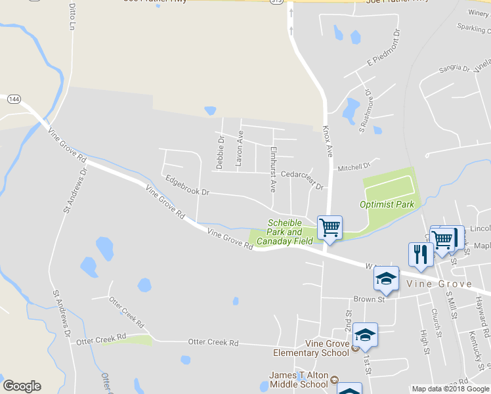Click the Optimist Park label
(387, 204)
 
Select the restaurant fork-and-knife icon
(420, 254)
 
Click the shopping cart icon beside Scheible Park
(330, 228)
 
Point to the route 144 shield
(14, 98)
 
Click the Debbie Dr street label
(221, 152)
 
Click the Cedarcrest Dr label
(302, 180)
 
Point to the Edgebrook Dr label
(187, 185)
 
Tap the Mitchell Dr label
(354, 168)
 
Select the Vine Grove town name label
(439, 284)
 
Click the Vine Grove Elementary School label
(327, 348)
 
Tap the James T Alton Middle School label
(298, 380)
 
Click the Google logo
(22, 386)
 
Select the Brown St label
(368, 299)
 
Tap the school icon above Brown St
(387, 278)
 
